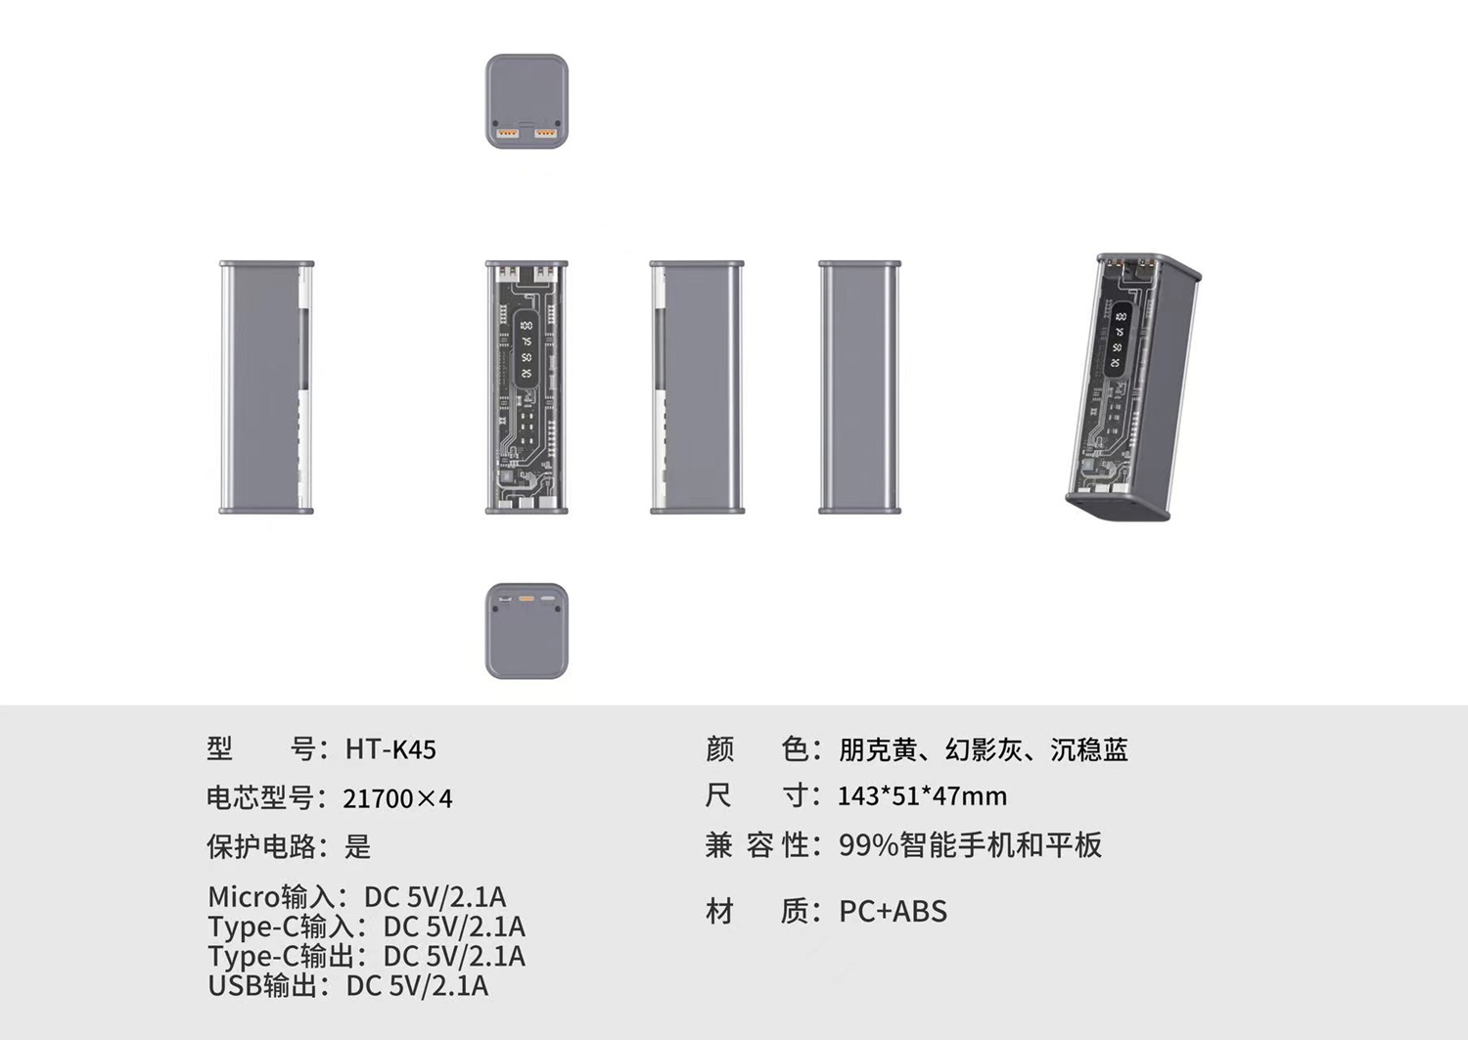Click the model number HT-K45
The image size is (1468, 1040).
coord(390,749)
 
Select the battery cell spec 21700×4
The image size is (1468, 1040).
coord(397,798)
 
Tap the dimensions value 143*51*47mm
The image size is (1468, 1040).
coord(922,796)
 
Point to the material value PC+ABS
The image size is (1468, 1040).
coord(893,911)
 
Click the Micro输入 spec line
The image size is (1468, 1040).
coord(356,896)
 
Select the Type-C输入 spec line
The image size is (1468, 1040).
coord(366,926)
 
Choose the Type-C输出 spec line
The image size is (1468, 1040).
coord(366,956)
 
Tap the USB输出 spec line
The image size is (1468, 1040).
coord(347,985)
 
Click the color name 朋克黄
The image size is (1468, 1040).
coord(878,749)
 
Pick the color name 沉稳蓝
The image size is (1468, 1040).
coord(1089,749)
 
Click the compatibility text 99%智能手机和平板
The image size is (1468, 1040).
coord(970,844)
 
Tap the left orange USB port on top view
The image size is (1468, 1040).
coord(508,132)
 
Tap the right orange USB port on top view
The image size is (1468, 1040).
coord(545,132)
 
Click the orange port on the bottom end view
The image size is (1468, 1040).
coord(527,597)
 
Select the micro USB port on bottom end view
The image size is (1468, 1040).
coord(505,598)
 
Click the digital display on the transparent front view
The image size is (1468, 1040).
coord(527,349)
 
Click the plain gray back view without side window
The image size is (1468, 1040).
coord(859,386)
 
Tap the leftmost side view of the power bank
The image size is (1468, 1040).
coord(266,386)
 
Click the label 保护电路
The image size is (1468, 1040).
coord(261,846)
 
